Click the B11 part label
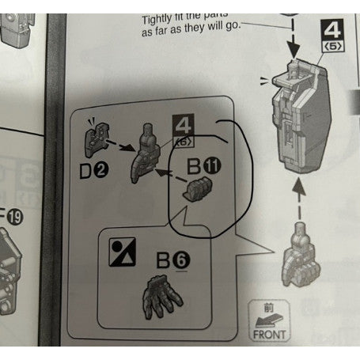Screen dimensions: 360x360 (205, 168)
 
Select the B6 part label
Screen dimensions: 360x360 (169, 258)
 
